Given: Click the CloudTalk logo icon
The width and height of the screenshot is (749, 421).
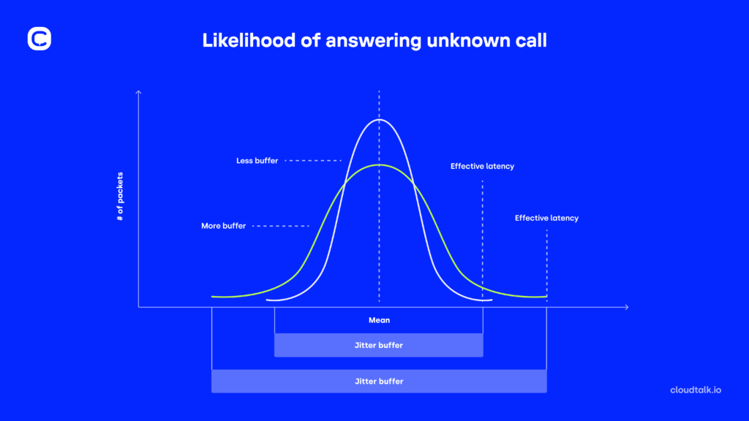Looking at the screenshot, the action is (39, 39).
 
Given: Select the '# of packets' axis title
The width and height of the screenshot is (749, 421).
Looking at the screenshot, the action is (120, 197).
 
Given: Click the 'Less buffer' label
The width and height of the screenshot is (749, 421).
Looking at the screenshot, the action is (257, 160).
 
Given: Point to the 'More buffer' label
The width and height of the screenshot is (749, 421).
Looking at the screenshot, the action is (223, 226).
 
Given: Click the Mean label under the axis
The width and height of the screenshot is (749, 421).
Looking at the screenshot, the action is (379, 320).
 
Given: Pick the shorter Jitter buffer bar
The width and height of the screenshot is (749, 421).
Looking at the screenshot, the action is (379, 345).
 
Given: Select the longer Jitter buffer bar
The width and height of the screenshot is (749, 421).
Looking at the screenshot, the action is (379, 381).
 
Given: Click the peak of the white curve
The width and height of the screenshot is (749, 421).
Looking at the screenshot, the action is (379, 118).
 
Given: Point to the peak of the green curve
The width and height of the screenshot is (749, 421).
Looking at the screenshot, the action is (379, 164).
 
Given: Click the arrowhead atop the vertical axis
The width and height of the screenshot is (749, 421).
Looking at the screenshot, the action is (138, 92).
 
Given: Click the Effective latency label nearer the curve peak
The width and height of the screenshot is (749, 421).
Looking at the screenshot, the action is (482, 167).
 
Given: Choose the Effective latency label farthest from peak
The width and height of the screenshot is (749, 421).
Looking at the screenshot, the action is (546, 218).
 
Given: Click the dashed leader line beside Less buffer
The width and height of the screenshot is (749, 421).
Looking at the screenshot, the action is (313, 160).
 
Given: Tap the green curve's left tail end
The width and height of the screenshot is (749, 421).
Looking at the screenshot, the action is (213, 296).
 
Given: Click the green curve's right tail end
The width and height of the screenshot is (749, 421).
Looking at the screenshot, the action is (545, 296).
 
